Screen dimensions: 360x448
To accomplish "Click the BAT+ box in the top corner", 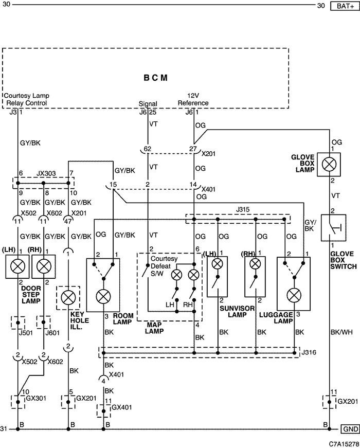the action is point(345,6).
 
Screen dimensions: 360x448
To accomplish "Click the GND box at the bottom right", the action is point(350,429).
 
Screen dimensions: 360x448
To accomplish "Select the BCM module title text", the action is point(155,78).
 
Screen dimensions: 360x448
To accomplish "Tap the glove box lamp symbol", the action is point(329,164).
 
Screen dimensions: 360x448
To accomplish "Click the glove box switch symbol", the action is point(333,228).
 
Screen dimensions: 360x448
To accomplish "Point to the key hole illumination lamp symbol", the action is point(68,298).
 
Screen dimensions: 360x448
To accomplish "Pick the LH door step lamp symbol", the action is point(17,266).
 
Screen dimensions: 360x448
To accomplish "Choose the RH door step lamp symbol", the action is point(43,266).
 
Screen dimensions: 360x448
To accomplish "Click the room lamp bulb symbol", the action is point(103,297).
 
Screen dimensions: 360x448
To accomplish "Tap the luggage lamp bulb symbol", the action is point(294,296).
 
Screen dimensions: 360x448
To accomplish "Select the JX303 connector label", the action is point(46,173).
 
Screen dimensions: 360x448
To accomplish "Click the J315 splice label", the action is point(243,209).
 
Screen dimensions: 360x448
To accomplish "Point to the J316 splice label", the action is point(309,352).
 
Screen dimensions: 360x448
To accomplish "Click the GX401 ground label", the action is point(122,407).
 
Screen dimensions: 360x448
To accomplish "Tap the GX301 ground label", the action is point(36,398).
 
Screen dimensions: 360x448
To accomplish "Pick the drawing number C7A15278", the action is point(344,444).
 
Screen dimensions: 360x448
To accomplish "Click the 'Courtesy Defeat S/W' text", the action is point(160,266).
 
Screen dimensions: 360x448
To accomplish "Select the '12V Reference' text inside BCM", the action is point(193,99).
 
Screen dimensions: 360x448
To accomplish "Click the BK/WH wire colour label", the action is point(341,332).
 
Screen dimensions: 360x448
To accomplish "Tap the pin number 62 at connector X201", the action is point(148,149).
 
